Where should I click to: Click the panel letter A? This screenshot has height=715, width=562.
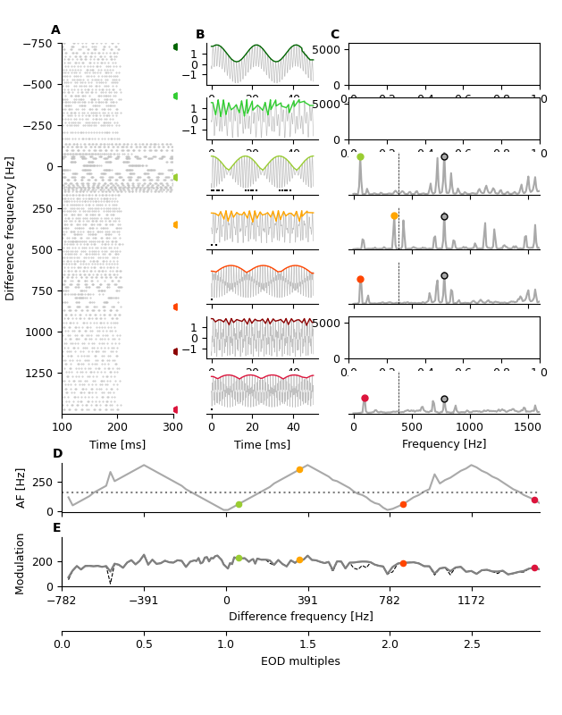[x=55, y=30]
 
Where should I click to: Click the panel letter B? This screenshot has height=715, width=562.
[x=200, y=35]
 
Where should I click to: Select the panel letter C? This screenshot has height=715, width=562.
[x=335, y=35]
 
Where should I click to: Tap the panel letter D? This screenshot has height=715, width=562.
[x=57, y=454]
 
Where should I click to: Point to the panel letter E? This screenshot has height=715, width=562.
[x=57, y=528]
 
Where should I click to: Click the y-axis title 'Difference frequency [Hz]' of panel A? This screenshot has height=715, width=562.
[x=11, y=228]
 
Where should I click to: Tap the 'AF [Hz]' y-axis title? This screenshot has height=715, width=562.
[x=21, y=488]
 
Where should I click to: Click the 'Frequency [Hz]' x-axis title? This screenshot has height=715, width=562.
[x=443, y=444]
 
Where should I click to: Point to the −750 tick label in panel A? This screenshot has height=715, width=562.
[x=38, y=44]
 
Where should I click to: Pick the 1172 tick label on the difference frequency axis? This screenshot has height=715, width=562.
[x=472, y=601]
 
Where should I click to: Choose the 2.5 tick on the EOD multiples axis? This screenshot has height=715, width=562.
[x=472, y=644]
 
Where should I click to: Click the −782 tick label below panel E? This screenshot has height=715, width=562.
[x=62, y=601]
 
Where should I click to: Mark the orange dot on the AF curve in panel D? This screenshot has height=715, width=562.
[x=299, y=469]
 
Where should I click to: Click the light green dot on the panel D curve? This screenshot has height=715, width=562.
[x=239, y=504]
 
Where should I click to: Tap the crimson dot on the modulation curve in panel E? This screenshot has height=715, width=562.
[x=534, y=568]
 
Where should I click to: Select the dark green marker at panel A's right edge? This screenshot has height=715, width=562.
[x=175, y=46]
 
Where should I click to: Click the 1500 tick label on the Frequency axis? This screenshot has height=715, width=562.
[x=528, y=427]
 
